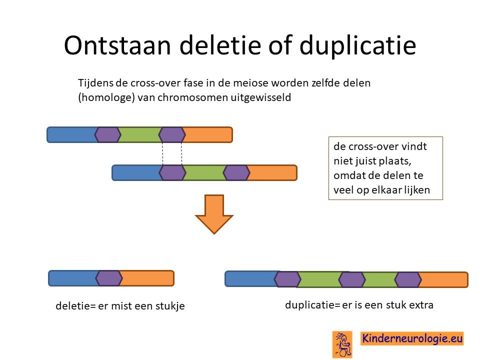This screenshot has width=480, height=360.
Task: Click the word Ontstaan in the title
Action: tap(117, 45)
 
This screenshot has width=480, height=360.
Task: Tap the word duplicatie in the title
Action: tap(357, 46)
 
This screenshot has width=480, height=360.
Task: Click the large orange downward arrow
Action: tap(214, 214)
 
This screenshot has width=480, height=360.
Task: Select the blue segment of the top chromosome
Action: tap(72, 134)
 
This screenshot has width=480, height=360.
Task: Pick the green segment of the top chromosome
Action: tap(139, 134)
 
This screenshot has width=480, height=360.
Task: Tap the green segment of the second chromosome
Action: tap(204, 173)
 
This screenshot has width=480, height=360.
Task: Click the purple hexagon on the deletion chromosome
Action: tap(109, 278)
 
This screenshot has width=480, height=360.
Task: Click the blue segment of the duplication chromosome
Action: tap(251, 279)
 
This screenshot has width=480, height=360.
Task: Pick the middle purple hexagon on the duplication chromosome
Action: tap(352, 279)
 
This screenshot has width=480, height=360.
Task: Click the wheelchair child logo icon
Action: tap(342, 344)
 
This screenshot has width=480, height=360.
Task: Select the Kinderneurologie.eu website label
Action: tap(412, 338)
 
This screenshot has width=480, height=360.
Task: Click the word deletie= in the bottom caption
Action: tap(75, 306)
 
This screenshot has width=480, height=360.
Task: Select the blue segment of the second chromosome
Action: tap(137, 173)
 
